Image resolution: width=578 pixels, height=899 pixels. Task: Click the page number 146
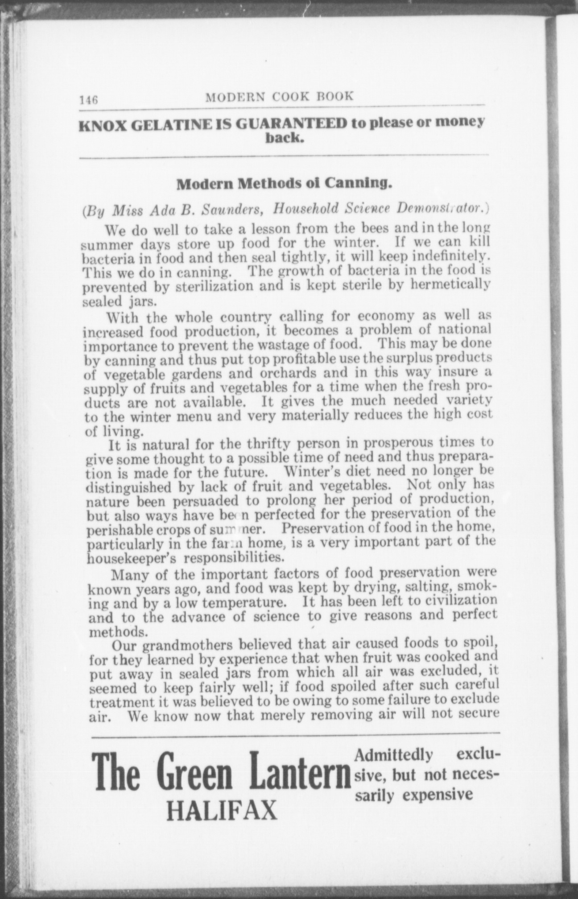pyautogui.click(x=88, y=99)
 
